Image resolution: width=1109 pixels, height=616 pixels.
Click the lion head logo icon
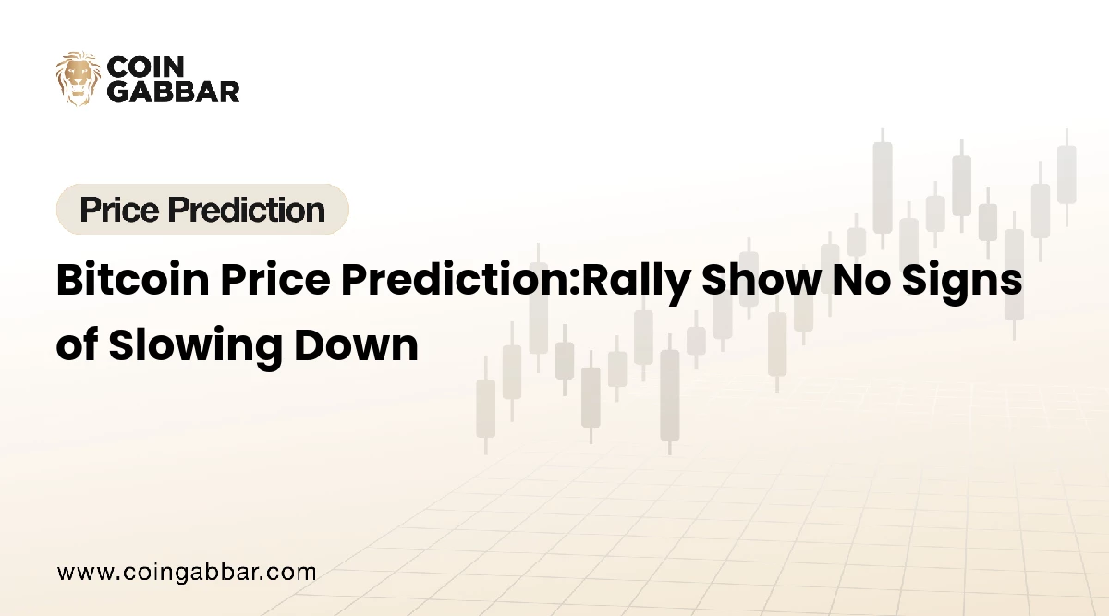click(78, 78)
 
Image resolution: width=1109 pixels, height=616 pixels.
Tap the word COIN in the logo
click(140, 67)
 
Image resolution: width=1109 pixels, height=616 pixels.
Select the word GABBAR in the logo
click(174, 91)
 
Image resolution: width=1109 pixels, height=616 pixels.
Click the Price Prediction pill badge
click(202, 210)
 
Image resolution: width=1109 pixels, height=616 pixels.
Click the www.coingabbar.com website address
click(187, 572)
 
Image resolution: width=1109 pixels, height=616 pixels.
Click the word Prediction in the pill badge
click(251, 210)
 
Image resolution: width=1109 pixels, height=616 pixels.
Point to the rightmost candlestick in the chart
click(1066, 175)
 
